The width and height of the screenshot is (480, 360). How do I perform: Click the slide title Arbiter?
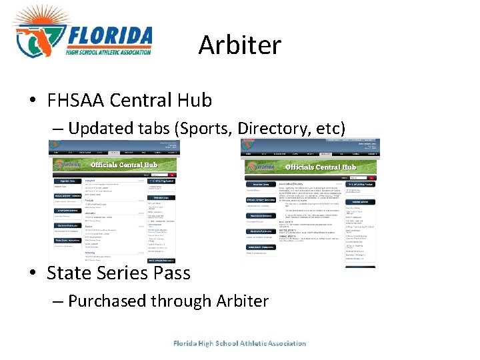(x=240, y=45)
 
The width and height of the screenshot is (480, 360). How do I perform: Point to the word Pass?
(x=172, y=273)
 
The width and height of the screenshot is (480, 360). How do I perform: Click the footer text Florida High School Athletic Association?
(x=239, y=343)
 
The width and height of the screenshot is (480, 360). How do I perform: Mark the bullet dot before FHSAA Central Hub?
(x=33, y=101)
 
